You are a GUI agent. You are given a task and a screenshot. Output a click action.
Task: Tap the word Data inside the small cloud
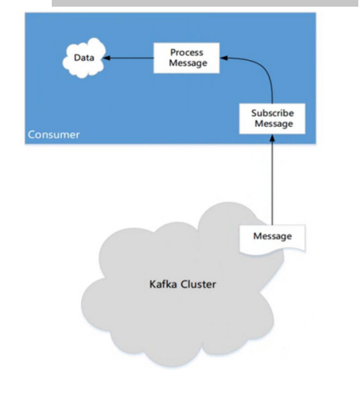pos(84,58)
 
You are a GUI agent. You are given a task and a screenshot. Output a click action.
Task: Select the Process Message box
pos(181,58)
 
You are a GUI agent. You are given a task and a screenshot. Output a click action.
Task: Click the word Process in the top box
pos(181,53)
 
